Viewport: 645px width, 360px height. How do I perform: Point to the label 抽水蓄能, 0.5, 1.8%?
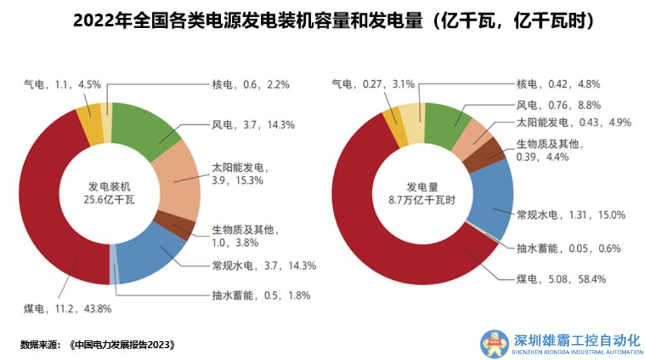point(261,295)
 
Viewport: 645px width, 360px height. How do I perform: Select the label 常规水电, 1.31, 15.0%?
point(571,215)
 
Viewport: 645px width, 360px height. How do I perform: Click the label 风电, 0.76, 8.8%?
point(558,105)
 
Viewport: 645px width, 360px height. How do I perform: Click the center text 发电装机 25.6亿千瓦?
point(109,193)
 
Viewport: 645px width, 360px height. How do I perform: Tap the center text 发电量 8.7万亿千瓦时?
point(422,193)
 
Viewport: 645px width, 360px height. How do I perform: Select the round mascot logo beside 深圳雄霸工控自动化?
point(494,344)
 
